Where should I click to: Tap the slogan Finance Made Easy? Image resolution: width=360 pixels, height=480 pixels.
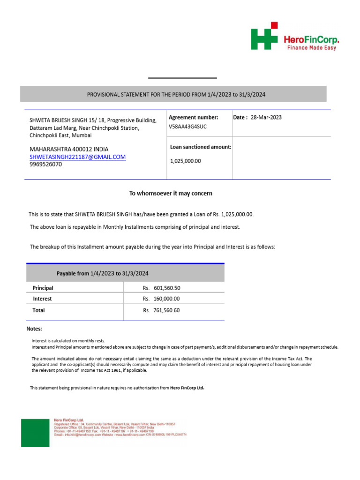pos(311,48)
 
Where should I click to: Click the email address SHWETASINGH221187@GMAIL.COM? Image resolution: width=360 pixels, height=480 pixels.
pos(78,157)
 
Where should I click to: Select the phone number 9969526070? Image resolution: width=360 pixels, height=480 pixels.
pos(45,165)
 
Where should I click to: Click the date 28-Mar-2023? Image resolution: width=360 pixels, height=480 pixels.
pos(267,118)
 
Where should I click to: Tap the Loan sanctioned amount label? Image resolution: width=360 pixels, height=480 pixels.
pos(201,147)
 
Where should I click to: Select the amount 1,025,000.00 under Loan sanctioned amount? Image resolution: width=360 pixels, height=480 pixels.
pos(185,161)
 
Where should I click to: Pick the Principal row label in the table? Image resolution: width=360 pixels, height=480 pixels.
pos(43,288)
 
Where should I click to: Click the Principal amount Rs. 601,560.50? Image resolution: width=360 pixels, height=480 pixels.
pos(161,288)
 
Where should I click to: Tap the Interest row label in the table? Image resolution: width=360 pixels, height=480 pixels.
pos(42,299)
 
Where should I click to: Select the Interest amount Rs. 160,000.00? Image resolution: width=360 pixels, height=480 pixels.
pos(161,299)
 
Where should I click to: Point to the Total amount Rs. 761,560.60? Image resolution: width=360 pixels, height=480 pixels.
pos(161,310)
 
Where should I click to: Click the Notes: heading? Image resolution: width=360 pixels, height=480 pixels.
pos(34,329)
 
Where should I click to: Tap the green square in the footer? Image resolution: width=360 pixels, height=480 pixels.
pos(35,433)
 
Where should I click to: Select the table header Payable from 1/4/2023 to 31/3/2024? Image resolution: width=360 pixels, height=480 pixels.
pos(103,273)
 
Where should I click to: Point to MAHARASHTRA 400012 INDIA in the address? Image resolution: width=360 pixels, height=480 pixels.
pos(69,149)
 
